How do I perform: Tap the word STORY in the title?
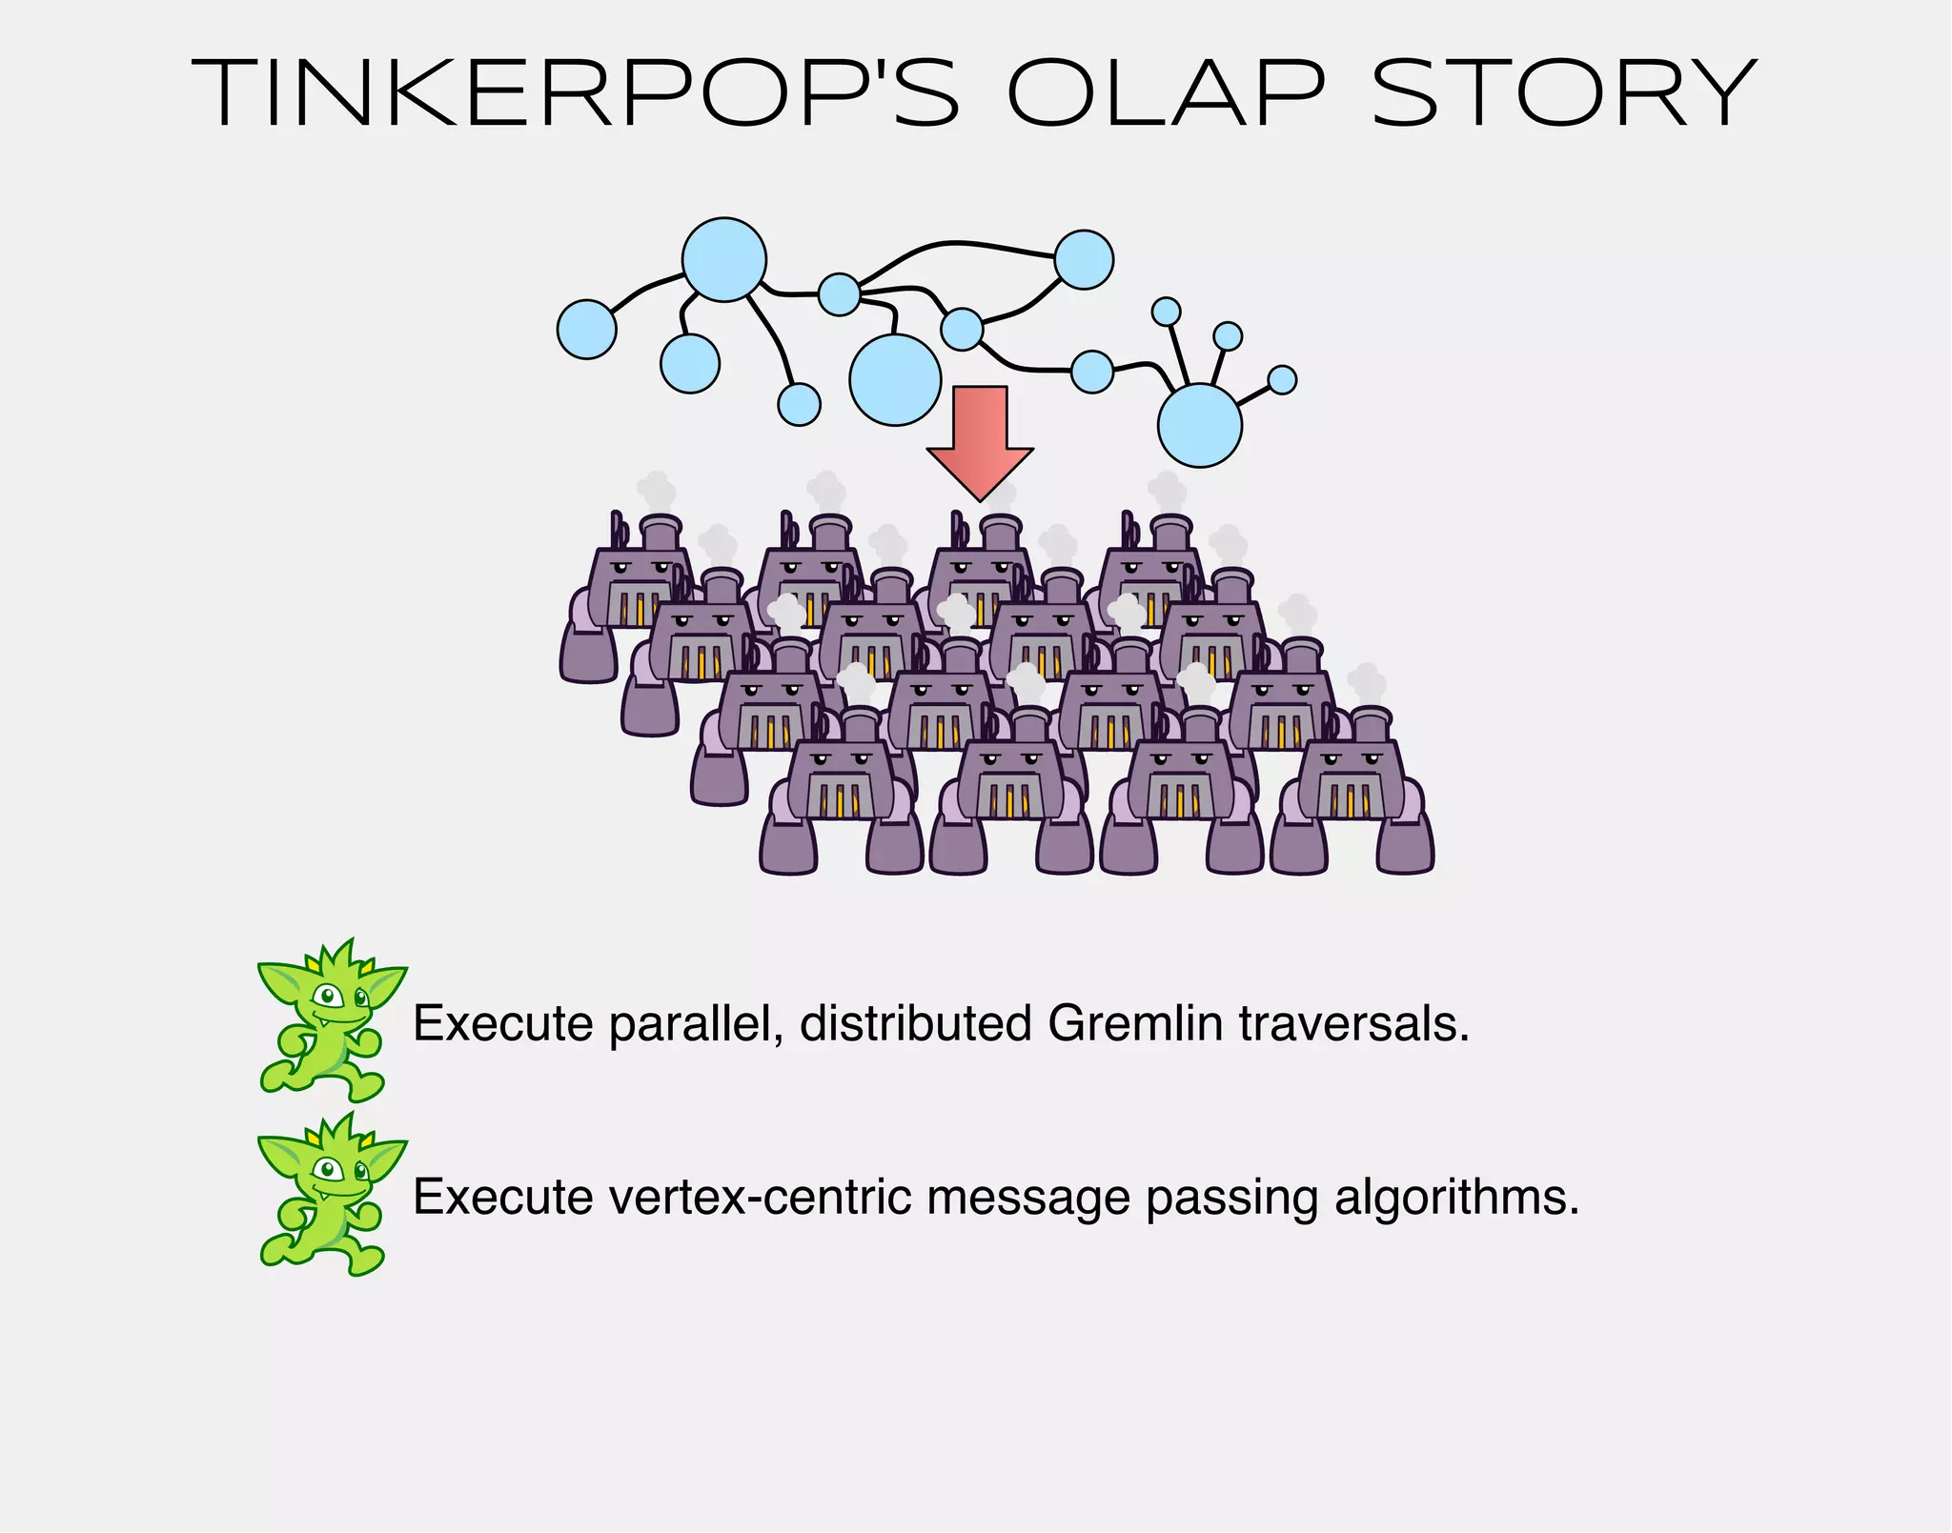[1563, 92]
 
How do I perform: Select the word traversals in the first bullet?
[1353, 1024]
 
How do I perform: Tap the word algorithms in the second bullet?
[1457, 1198]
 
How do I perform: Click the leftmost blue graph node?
[586, 330]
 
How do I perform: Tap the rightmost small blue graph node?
[1283, 380]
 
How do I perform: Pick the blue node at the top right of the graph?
[1085, 259]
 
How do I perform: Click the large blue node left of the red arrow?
[895, 379]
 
